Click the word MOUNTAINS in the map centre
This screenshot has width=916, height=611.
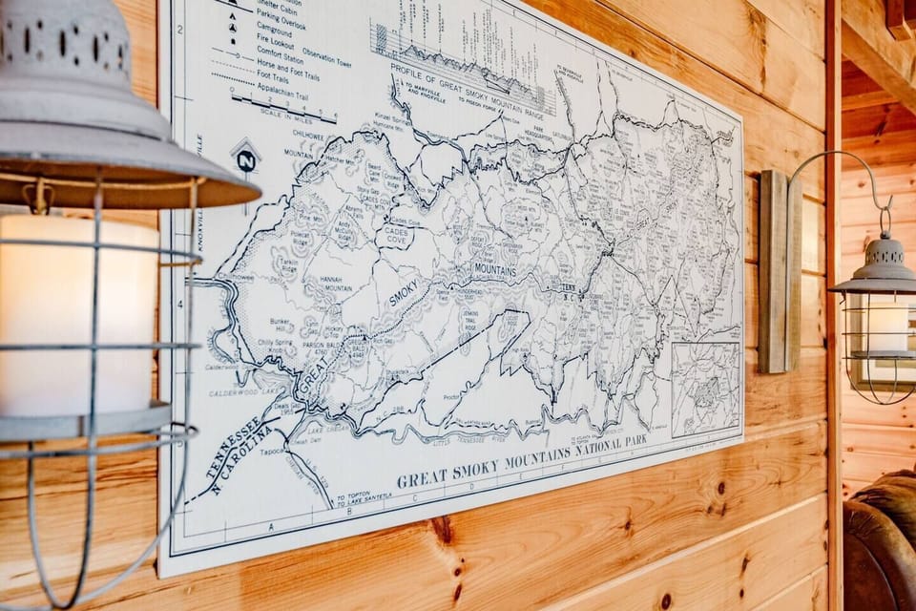pos(495,271)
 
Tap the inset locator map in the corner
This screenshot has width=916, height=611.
pos(705,388)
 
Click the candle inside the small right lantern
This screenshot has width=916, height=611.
pos(887,327)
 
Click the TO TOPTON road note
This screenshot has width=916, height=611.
pos(355,496)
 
